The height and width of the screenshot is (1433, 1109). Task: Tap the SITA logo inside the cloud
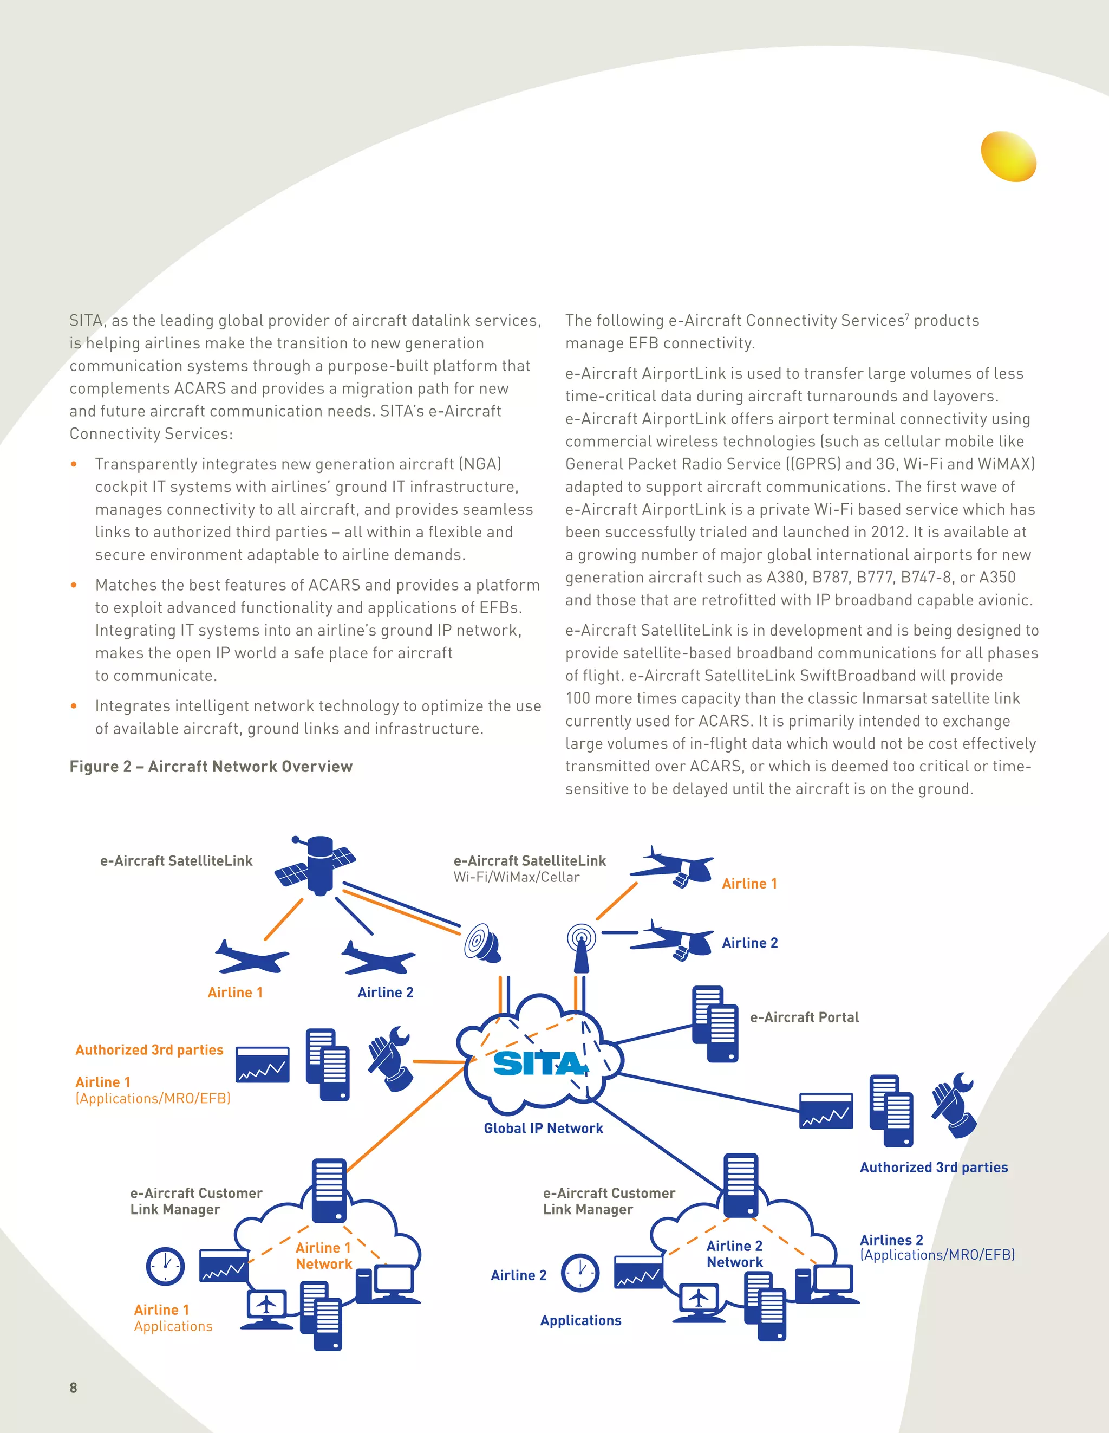pyautogui.click(x=539, y=1063)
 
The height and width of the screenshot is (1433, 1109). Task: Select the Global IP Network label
pyautogui.click(x=543, y=1128)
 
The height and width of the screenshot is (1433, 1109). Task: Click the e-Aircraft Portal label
pyautogui.click(x=804, y=1017)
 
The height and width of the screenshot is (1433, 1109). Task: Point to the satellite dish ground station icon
pyautogui.click(x=482, y=943)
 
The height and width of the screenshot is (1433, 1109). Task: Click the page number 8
pyautogui.click(x=74, y=1387)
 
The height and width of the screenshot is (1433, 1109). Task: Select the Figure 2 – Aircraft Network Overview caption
pyautogui.click(x=211, y=767)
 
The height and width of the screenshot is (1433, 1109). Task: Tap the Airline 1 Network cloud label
pyautogui.click(x=324, y=1256)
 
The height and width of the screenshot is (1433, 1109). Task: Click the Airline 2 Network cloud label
pyautogui.click(x=734, y=1254)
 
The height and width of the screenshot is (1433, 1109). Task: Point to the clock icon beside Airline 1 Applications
pyautogui.click(x=165, y=1266)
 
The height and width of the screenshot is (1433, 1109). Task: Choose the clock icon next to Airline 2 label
pyautogui.click(x=580, y=1273)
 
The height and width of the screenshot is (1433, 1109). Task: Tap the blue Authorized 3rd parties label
pyautogui.click(x=934, y=1168)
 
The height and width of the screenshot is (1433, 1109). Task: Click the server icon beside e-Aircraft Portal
pyautogui.click(x=715, y=1023)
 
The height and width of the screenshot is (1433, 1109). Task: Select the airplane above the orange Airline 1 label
pyautogui.click(x=251, y=957)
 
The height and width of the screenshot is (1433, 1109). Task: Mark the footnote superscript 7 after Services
pyautogui.click(x=907, y=316)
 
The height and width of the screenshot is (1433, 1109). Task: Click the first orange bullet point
pyautogui.click(x=74, y=464)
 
